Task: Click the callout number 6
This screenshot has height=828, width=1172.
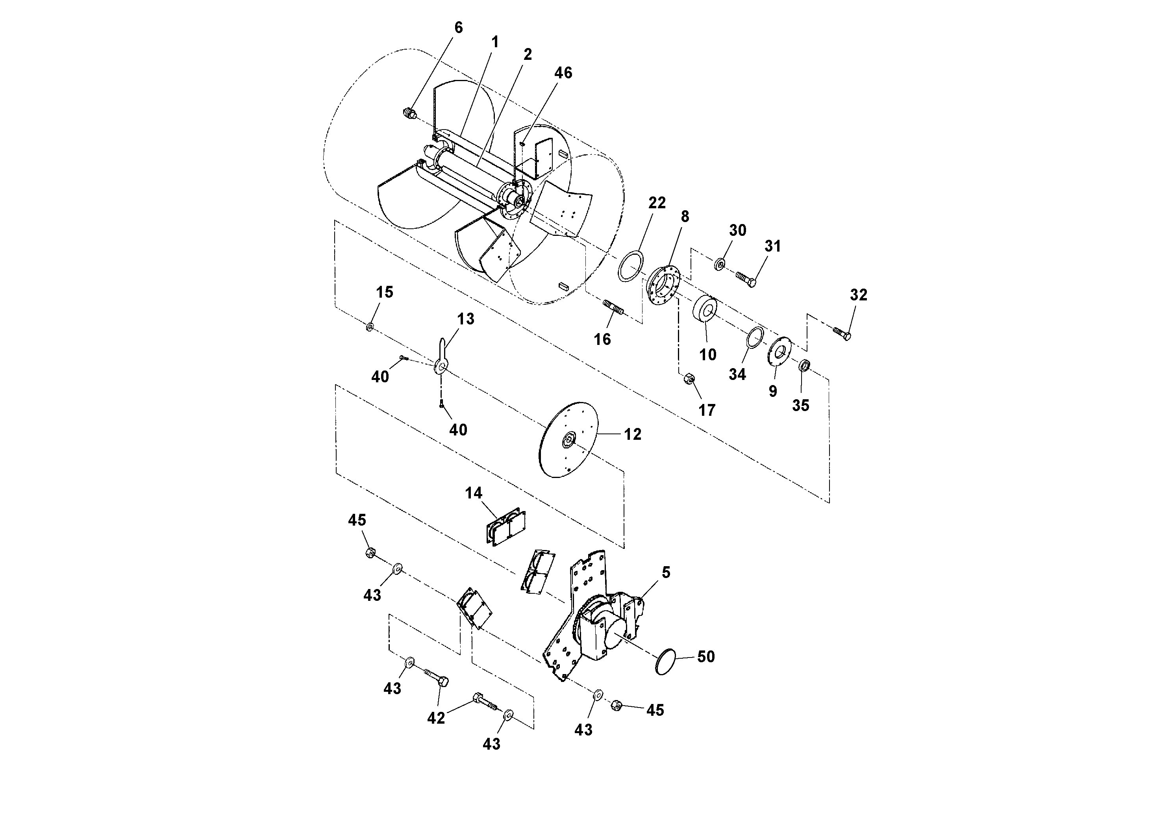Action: [458, 28]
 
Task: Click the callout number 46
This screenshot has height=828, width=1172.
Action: [563, 73]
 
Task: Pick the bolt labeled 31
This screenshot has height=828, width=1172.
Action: [746, 278]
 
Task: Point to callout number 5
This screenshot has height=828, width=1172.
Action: [666, 572]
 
